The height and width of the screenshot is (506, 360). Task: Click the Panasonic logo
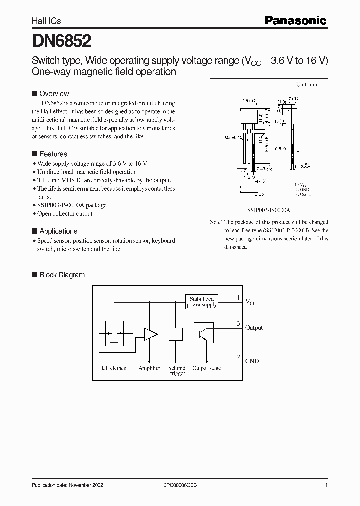pyautogui.click(x=295, y=20)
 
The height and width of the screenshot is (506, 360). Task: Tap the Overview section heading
pyautogui.click(x=54, y=94)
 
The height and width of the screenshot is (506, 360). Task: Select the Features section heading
pyautogui.click(x=53, y=154)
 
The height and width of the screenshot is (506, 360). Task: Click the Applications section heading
pyautogui.click(x=58, y=231)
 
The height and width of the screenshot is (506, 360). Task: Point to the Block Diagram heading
pyautogui.click(x=62, y=275)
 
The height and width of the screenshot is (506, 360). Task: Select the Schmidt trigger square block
pyautogui.click(x=176, y=334)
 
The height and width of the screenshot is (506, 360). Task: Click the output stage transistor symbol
pyautogui.click(x=204, y=333)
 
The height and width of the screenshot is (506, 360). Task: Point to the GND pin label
pyautogui.click(x=252, y=361)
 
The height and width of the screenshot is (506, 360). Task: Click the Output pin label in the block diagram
pyautogui.click(x=254, y=328)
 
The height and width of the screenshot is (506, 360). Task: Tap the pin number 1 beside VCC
pyautogui.click(x=239, y=298)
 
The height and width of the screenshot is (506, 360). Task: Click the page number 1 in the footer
pyautogui.click(x=326, y=485)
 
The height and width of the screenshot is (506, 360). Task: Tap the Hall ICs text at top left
pyautogui.click(x=46, y=21)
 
